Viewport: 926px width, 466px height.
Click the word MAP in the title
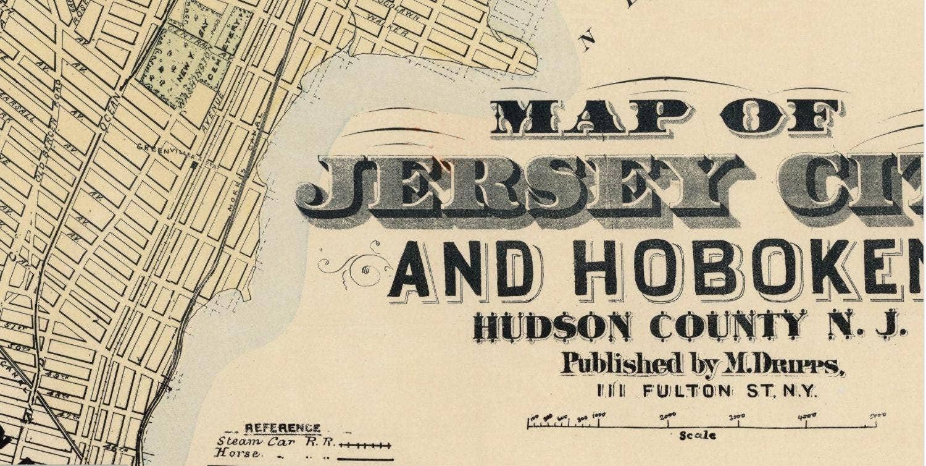587,118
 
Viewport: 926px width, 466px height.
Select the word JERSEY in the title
522,185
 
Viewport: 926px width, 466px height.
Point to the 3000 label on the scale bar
738,417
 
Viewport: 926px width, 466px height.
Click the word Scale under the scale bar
698,435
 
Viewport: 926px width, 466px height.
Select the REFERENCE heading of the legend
283,428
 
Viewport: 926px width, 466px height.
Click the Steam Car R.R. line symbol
365,444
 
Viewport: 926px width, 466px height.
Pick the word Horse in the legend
232,454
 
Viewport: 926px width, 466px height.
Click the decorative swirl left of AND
355,264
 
